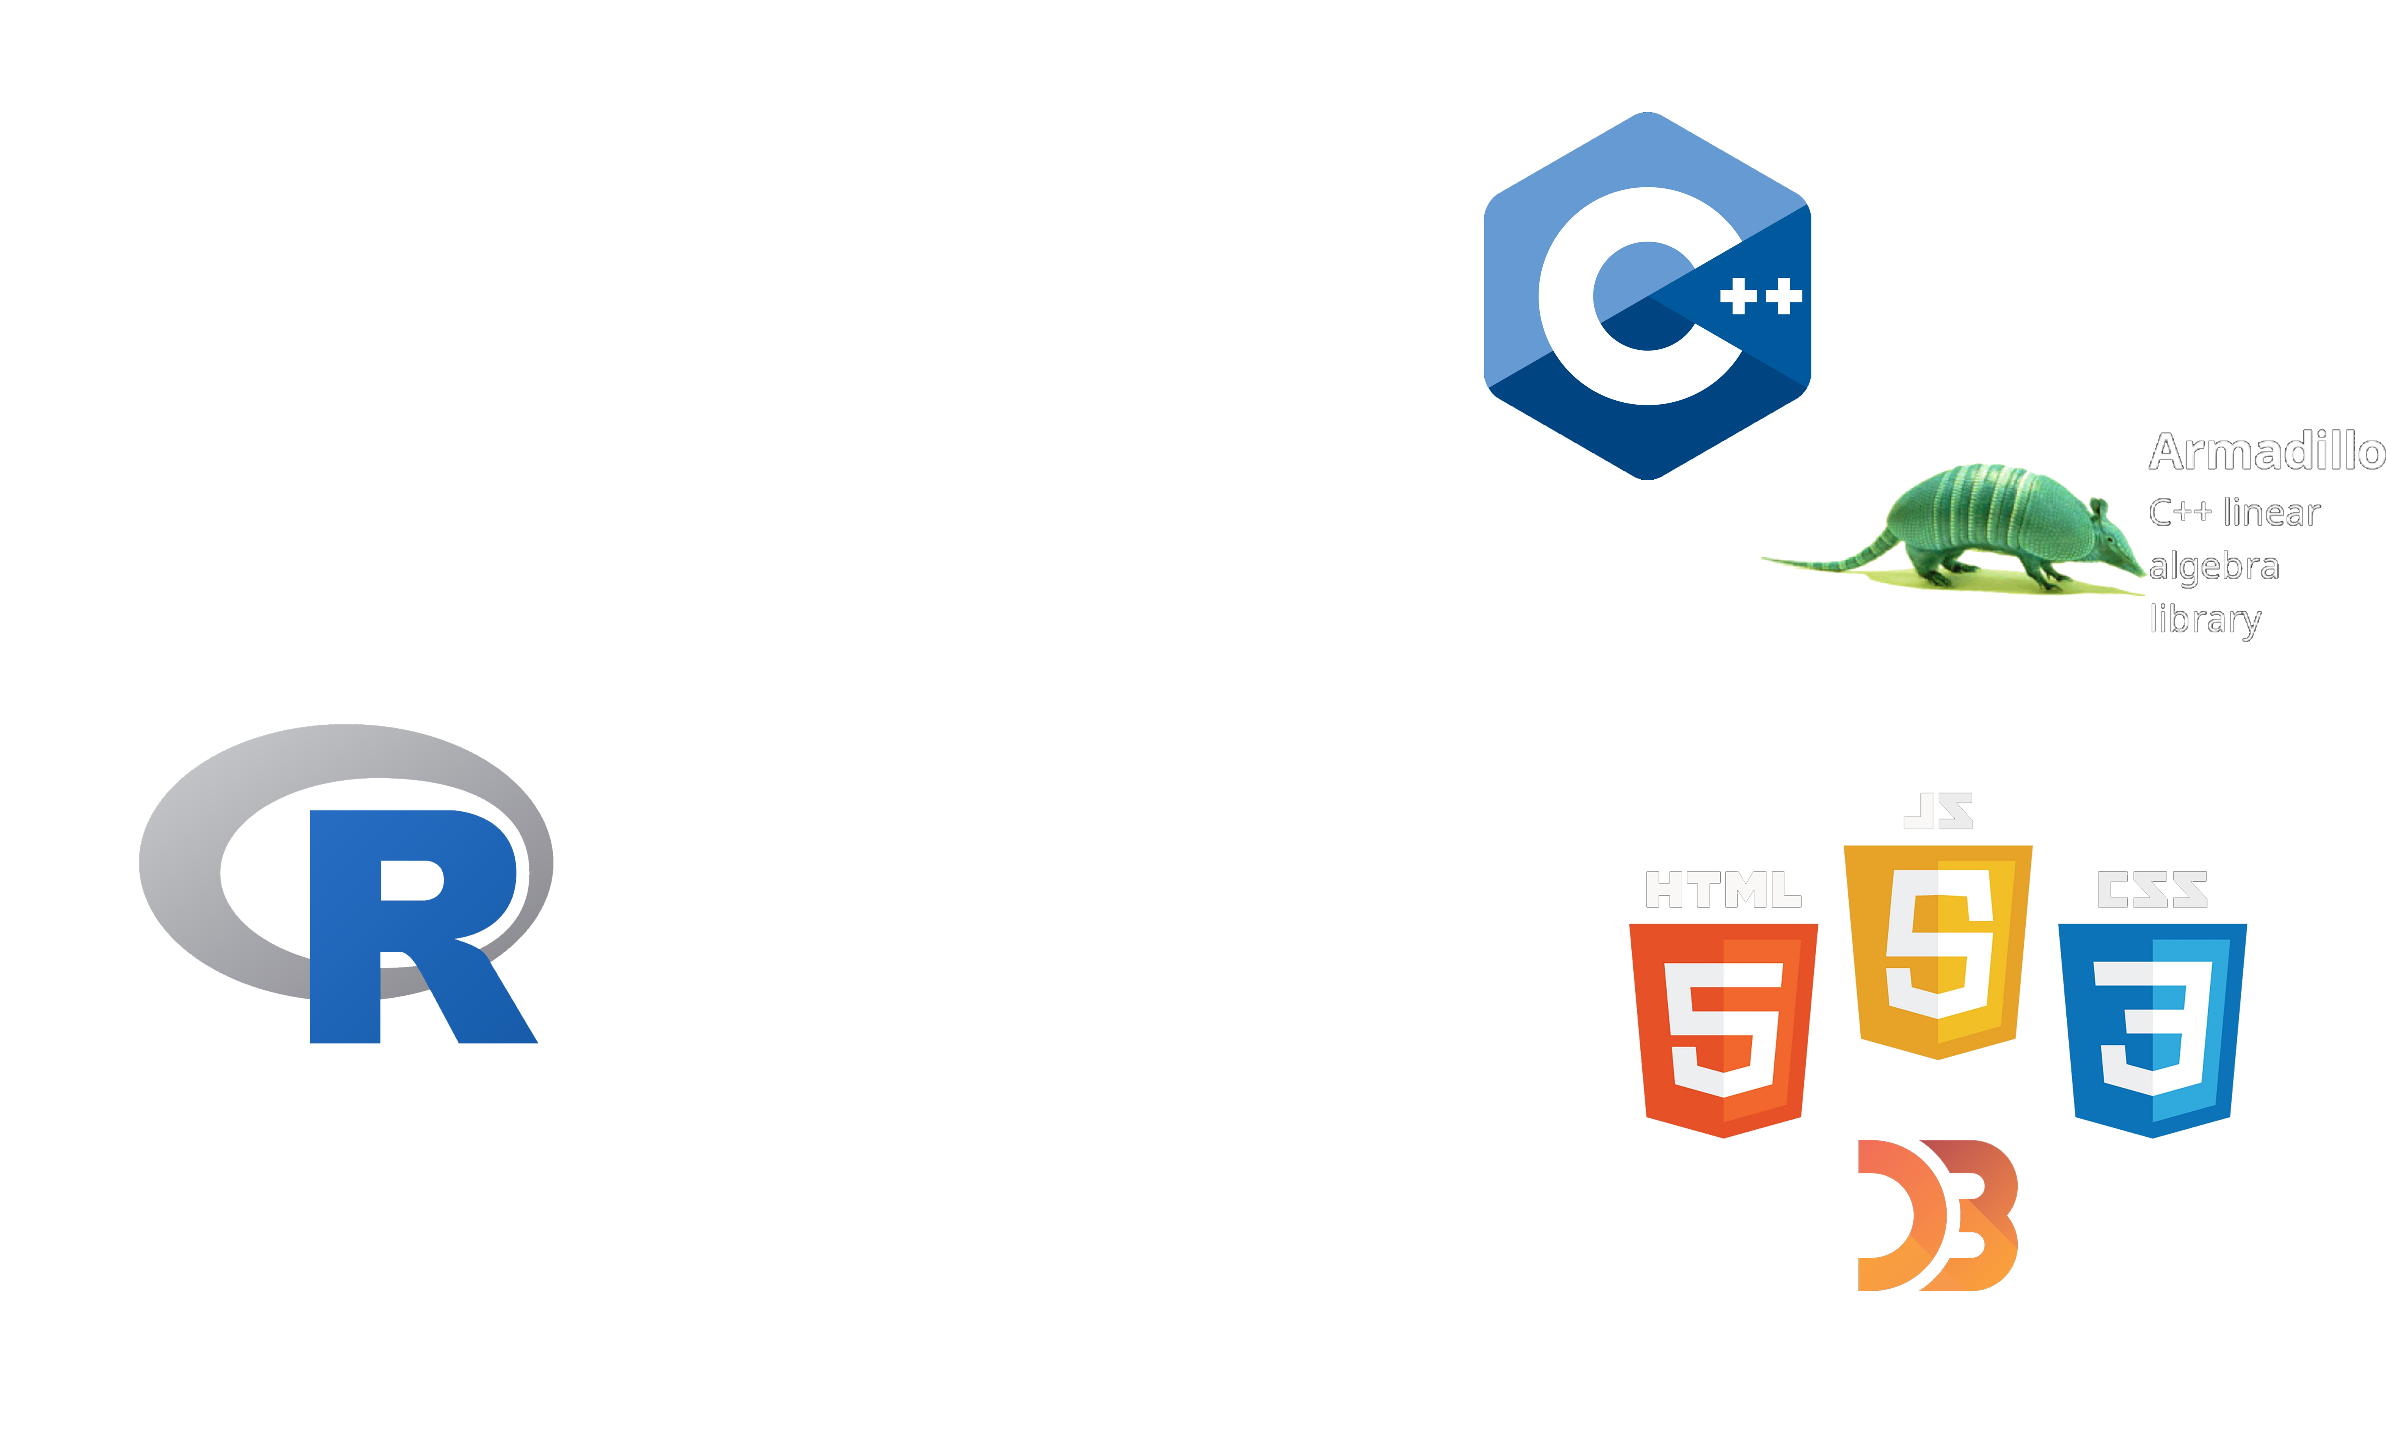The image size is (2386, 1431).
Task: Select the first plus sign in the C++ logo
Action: coord(1738,296)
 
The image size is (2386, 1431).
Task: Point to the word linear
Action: coord(2271,512)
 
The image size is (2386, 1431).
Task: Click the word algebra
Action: coord(2213,566)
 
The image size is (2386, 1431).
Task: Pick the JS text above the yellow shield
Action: coord(1939,813)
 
